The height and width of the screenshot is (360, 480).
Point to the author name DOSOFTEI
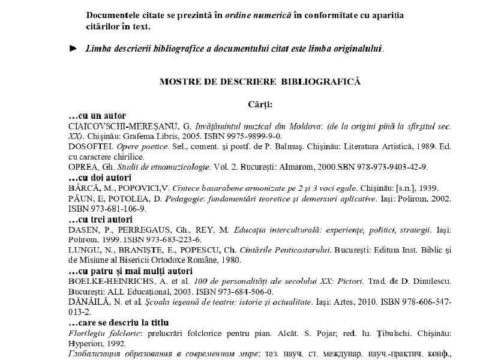coord(89,147)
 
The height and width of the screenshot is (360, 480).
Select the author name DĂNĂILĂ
coord(87,302)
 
